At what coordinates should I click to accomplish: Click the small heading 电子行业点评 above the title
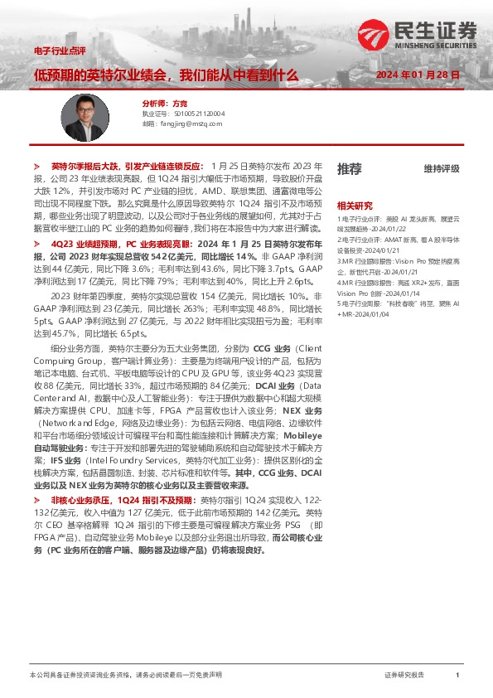coord(54,51)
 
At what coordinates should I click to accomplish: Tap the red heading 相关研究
coord(354,205)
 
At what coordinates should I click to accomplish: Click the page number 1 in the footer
coord(457,676)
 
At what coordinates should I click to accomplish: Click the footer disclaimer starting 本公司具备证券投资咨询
coord(125,676)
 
